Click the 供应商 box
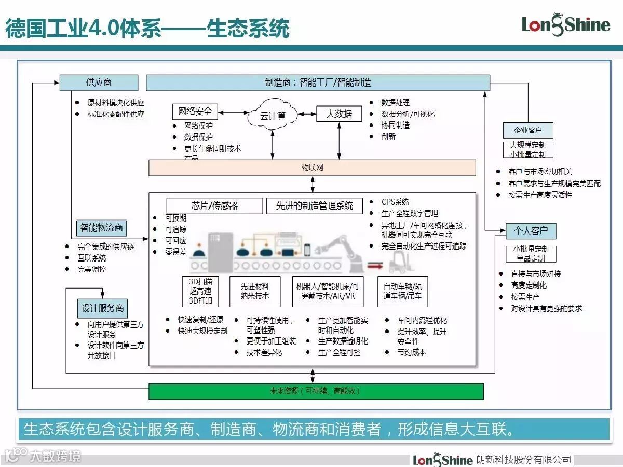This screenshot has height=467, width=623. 99,83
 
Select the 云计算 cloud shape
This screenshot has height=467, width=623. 273,116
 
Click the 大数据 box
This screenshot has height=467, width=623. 338,114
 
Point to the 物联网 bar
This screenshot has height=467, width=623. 312,168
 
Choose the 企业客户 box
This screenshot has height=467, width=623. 528,130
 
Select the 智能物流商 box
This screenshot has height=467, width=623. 102,228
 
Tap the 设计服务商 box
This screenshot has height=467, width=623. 103,308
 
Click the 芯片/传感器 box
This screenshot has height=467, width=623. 214,206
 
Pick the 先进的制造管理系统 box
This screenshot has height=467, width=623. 315,206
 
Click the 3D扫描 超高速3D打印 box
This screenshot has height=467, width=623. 200,292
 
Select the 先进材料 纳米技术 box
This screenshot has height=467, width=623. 255,292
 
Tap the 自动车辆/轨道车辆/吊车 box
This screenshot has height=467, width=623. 402,292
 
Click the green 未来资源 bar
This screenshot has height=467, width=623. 316,391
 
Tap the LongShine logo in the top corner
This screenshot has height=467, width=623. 565,24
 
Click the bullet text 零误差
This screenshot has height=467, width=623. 176,252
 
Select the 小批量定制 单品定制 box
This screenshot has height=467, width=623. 531,254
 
